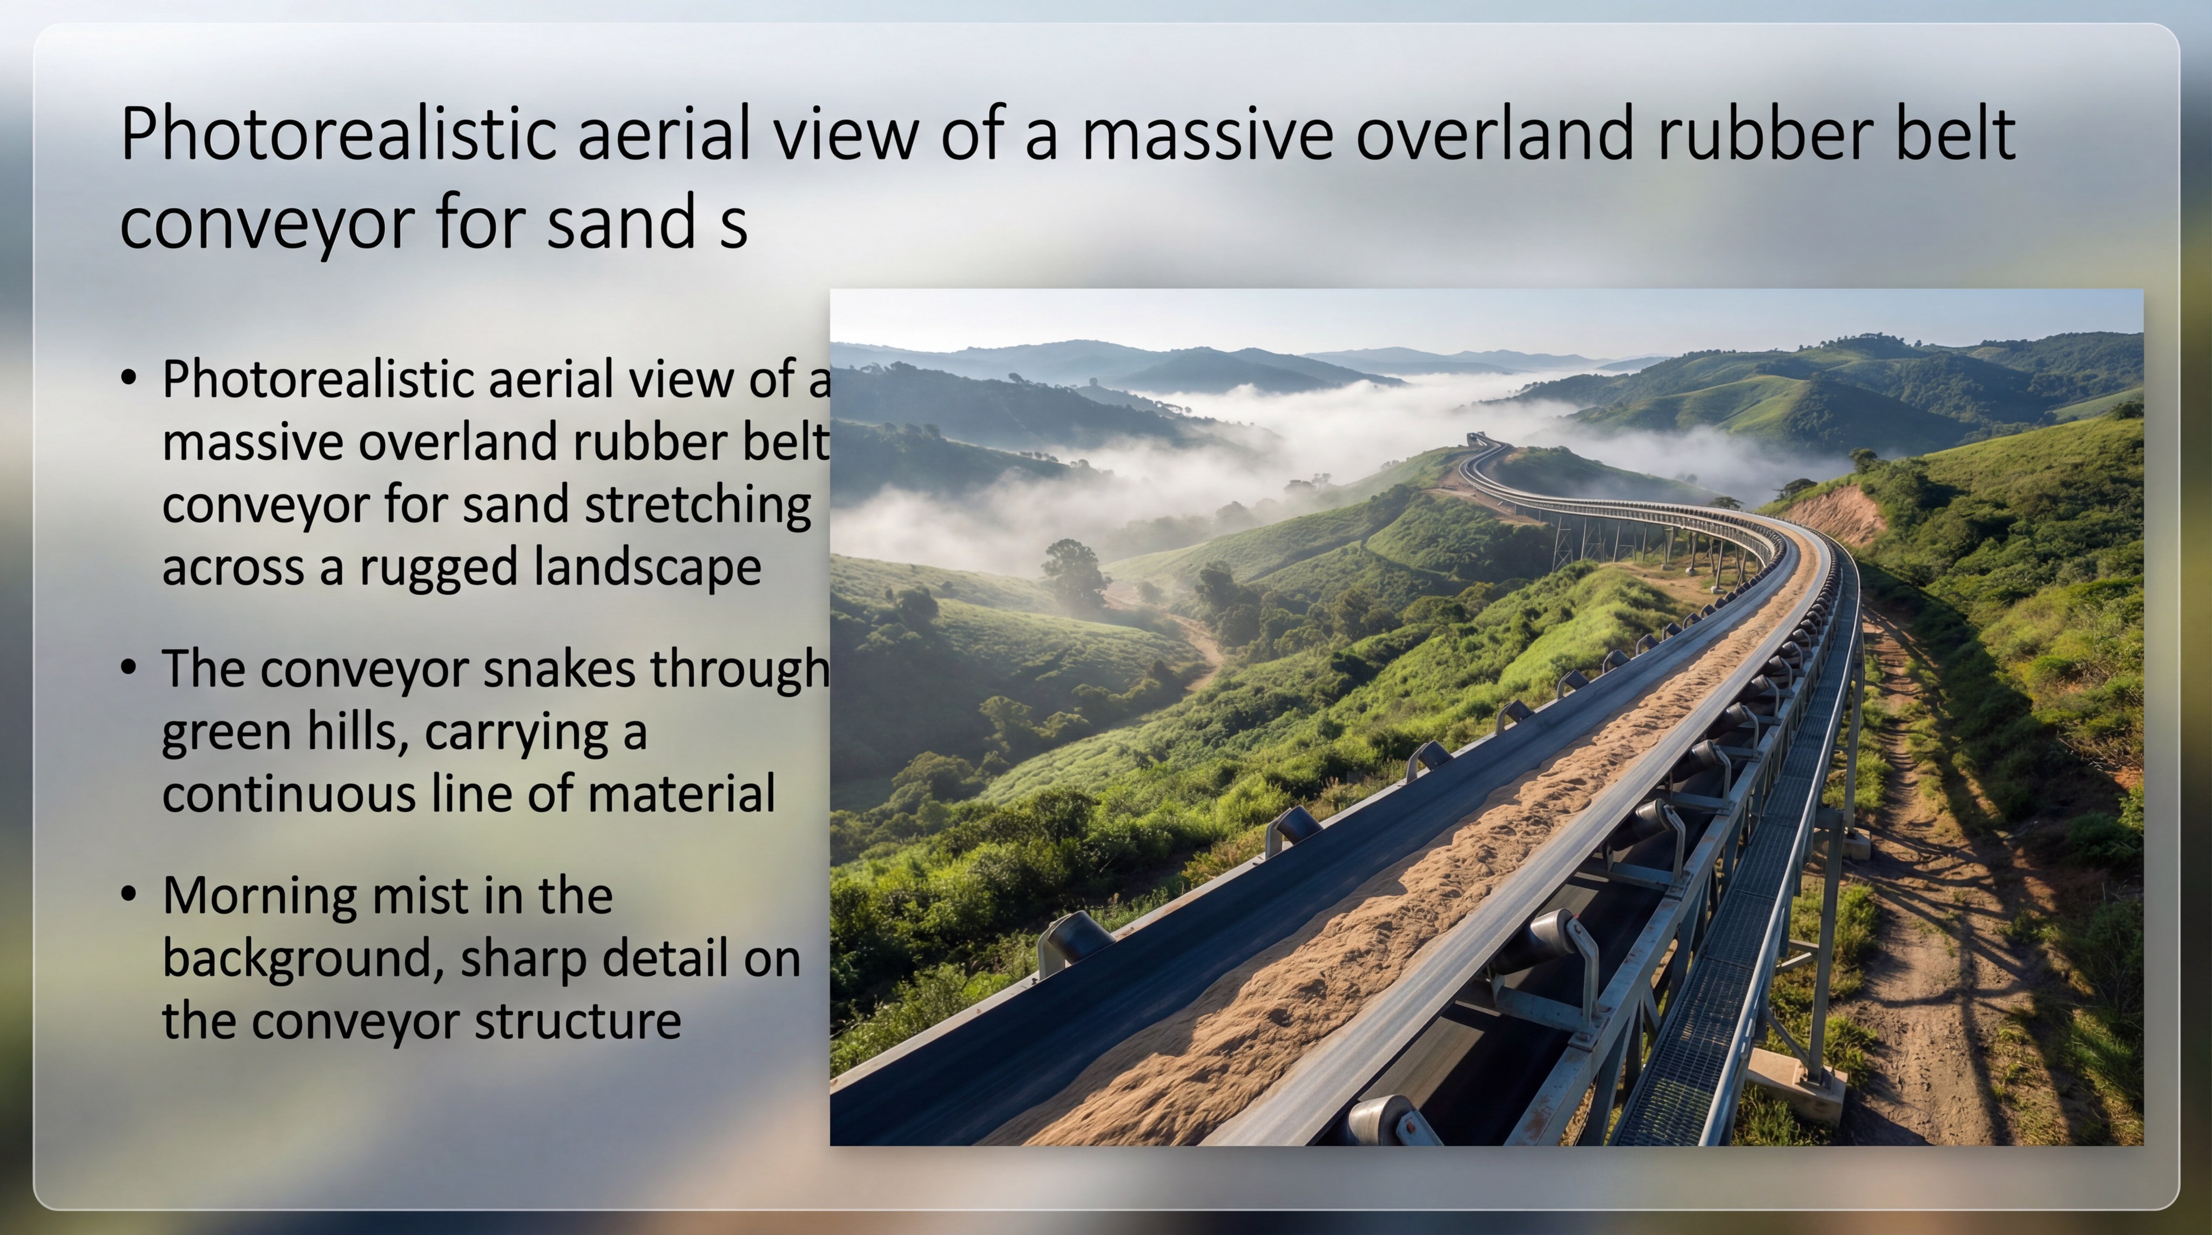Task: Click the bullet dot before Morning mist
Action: tap(129, 895)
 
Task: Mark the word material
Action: tap(682, 794)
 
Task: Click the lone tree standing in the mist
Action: tap(1074, 569)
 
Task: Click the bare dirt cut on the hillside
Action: tap(1838, 515)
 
